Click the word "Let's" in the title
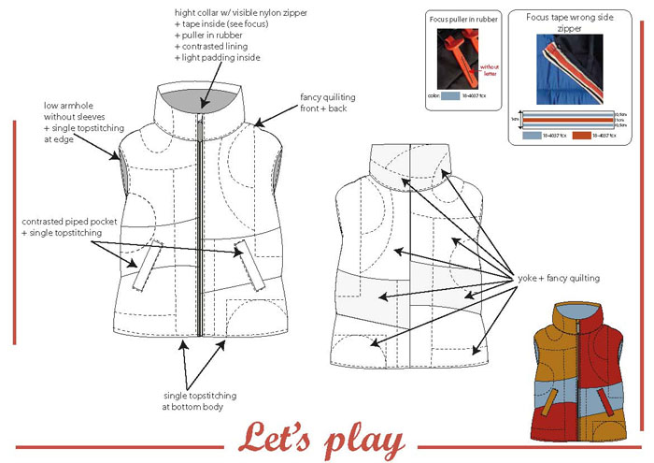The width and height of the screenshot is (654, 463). [x=278, y=437]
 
